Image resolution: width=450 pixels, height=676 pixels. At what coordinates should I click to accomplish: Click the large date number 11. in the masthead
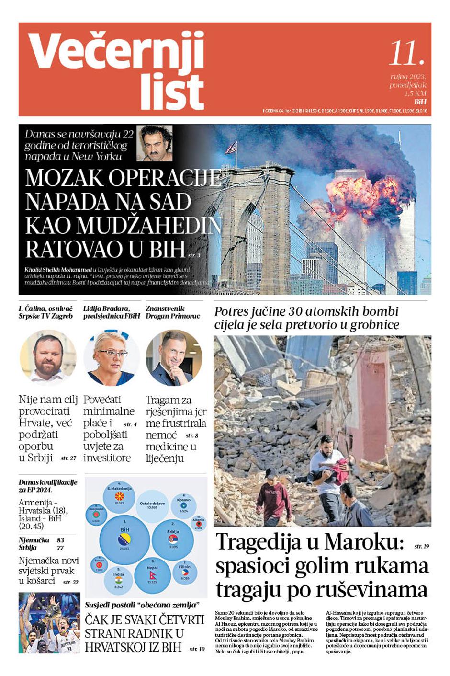406,53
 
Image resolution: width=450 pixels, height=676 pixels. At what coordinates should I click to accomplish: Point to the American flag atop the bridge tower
232,147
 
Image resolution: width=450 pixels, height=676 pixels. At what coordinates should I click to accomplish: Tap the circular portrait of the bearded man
48,357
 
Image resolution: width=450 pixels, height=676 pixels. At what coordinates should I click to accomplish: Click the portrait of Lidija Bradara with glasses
111,357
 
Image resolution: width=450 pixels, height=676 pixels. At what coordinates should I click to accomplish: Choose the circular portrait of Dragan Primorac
173,357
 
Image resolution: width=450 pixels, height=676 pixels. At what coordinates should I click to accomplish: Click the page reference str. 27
68,458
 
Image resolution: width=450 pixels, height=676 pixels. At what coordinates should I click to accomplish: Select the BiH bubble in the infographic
124,537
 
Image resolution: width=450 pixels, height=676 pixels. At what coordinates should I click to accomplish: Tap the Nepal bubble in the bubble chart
152,573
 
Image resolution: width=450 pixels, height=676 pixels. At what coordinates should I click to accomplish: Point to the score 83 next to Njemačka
60,540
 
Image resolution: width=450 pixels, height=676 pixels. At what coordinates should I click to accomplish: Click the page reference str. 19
421,546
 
